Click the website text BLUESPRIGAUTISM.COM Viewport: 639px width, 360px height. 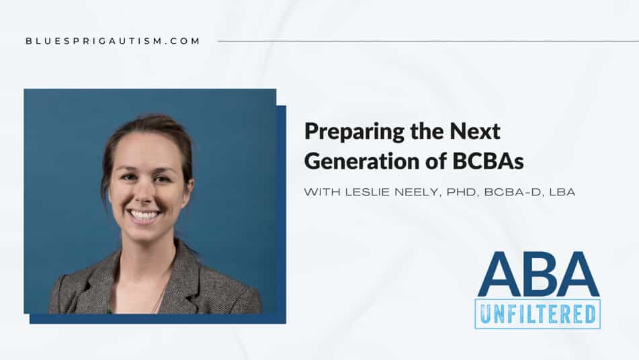[x=112, y=41]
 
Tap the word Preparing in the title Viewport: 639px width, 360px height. [x=354, y=132]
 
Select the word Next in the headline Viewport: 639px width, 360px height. [x=475, y=131]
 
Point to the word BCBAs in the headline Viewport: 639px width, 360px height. [x=488, y=161]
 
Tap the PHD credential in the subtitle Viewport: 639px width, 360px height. [x=462, y=192]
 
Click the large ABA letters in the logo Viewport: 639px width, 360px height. [x=538, y=274]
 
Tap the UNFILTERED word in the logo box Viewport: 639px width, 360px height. [x=538, y=314]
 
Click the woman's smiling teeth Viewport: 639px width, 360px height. [x=143, y=215]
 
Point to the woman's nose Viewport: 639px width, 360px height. [x=141, y=193]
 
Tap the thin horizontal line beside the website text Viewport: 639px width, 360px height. [x=428, y=41]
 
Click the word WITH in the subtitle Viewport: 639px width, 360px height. [x=322, y=192]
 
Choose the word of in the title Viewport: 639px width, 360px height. [x=436, y=161]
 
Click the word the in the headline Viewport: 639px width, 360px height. [x=427, y=131]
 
